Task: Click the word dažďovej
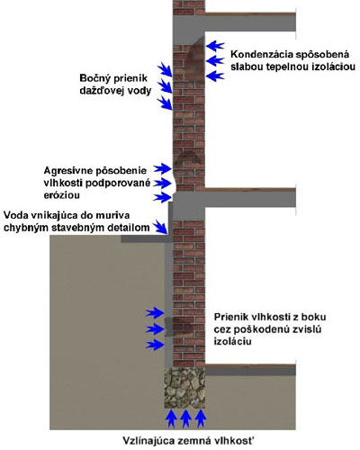click(x=99, y=91)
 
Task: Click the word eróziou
click(x=61, y=195)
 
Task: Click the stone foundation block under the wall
click(x=184, y=388)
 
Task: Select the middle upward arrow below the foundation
click(x=185, y=418)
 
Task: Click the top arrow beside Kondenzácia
click(x=215, y=46)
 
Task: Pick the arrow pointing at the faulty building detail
click(x=161, y=227)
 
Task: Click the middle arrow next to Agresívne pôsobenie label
click(x=162, y=183)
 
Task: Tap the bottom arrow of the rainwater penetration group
click(x=165, y=103)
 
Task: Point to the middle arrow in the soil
click(x=155, y=329)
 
